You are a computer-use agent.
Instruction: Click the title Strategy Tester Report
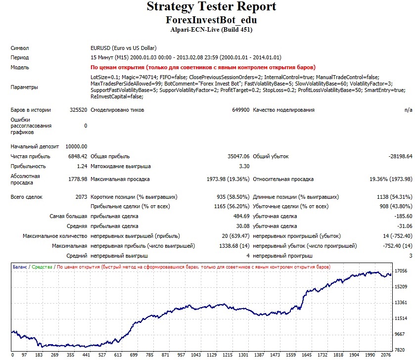(211, 6)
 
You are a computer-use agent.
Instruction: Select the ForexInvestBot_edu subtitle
(211, 20)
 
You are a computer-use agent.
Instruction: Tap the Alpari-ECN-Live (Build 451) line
(211, 30)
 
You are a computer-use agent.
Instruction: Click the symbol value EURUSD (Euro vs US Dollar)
(123, 48)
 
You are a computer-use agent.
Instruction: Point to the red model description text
(203, 67)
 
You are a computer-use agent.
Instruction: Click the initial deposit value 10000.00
(76, 146)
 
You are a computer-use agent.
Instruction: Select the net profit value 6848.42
(78, 156)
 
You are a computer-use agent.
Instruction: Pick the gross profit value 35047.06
(238, 156)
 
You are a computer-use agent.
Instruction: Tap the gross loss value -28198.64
(401, 156)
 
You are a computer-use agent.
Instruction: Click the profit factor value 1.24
(82, 166)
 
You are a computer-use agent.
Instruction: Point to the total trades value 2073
(81, 197)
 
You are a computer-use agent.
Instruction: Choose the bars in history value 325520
(78, 110)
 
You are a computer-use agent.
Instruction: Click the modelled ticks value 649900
(240, 110)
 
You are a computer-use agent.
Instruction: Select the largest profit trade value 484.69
(241, 216)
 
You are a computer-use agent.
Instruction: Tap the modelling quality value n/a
(409, 110)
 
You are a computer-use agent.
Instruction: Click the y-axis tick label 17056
(401, 271)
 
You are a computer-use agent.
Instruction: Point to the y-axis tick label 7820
(400, 350)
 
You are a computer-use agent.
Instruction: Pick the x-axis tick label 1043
(196, 355)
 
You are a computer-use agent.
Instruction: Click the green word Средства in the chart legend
(42, 267)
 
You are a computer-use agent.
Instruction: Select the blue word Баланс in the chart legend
(20, 267)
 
